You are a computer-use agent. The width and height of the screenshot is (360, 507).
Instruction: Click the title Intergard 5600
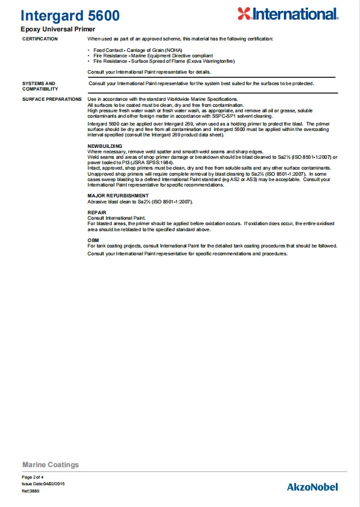70,16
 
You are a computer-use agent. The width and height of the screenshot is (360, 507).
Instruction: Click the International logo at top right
287,14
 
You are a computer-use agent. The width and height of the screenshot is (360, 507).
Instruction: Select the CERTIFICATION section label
40,39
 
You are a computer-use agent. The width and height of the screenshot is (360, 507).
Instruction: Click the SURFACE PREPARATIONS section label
51,99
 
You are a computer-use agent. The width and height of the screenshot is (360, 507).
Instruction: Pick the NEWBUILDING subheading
105,146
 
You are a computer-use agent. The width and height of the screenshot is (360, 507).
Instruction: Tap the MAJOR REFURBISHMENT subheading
118,196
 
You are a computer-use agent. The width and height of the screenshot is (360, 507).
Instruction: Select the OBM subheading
93,240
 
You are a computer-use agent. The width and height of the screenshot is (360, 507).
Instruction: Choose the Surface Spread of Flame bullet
164,61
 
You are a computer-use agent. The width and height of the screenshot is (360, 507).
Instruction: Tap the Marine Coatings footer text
51,465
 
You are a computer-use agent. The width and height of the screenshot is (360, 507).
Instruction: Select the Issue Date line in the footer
43,484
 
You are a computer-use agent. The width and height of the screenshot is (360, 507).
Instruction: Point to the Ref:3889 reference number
31,491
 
